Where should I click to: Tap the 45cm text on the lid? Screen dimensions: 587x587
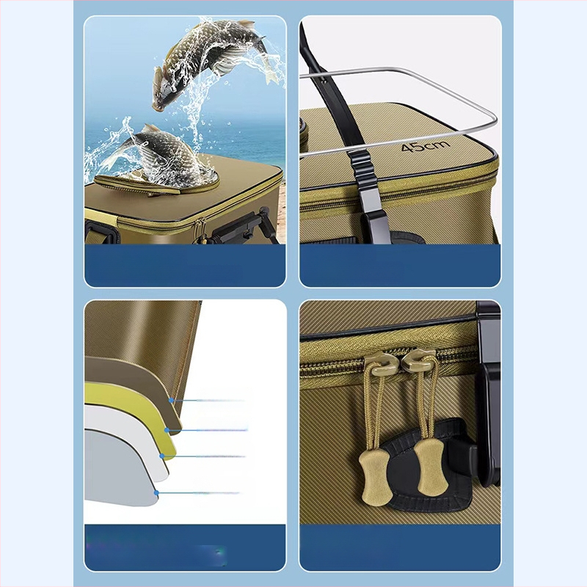[x=426, y=146]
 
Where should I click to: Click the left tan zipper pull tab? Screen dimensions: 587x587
[x=376, y=476]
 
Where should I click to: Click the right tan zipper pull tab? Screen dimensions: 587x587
[x=431, y=466]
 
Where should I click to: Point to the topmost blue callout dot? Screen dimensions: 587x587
[x=171, y=400]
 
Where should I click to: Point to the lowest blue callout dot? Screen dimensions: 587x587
[x=156, y=492]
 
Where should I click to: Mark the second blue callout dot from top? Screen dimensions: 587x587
[x=167, y=430]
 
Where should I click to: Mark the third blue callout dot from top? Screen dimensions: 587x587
[x=161, y=456]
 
